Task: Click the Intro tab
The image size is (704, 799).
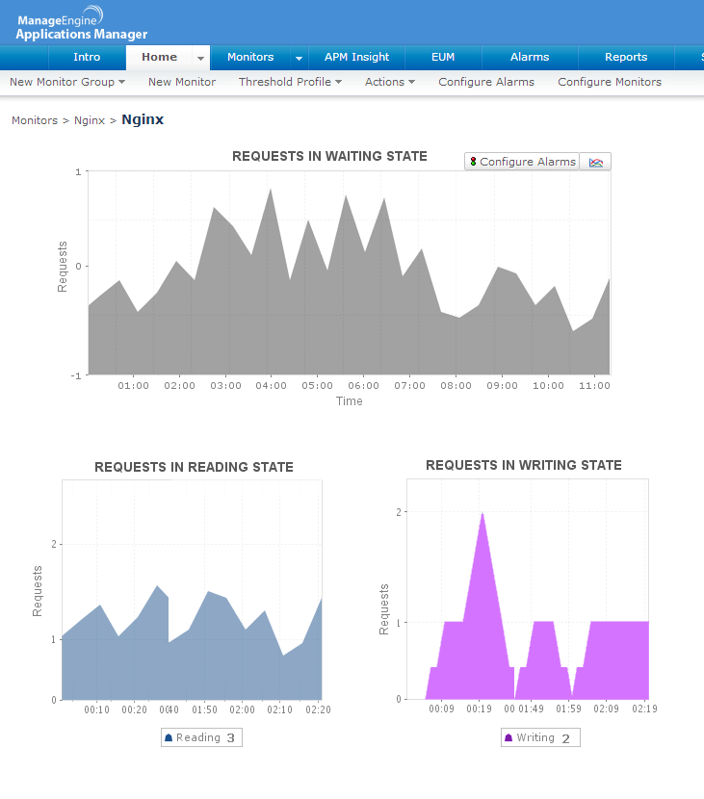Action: [87, 57]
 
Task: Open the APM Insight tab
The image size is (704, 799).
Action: [356, 57]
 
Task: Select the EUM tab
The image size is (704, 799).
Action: [443, 57]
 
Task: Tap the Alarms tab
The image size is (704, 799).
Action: [530, 57]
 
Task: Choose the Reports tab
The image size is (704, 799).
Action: [626, 57]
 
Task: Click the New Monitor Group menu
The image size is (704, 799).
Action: [67, 82]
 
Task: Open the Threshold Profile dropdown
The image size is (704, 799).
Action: [290, 82]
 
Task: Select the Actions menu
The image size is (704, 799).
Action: [389, 82]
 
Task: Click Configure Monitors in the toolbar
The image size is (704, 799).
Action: [610, 82]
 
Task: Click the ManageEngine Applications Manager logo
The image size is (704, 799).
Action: [81, 23]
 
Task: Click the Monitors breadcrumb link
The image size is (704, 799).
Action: [34, 120]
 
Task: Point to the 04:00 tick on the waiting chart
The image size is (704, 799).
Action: [272, 385]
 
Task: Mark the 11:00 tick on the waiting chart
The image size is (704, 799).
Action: [595, 385]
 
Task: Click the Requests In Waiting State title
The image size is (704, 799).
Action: [329, 156]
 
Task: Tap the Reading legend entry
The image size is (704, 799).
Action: [200, 738]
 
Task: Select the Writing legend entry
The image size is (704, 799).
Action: [539, 738]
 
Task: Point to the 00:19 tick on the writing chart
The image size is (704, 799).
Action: [479, 709]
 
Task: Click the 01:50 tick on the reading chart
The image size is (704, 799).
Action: [203, 709]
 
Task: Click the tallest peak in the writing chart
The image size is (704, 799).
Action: [482, 514]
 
